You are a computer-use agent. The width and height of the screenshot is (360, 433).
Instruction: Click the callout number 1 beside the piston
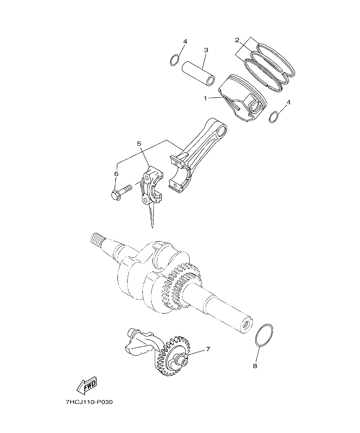[205, 98]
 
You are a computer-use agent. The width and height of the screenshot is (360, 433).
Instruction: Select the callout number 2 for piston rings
[237, 40]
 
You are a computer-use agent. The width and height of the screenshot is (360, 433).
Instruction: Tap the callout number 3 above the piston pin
[206, 50]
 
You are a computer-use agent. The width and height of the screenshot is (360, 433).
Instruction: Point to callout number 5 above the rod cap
[139, 144]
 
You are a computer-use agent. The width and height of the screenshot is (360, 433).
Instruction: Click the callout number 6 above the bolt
[116, 174]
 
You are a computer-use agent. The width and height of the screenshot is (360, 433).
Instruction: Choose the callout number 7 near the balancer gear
[208, 349]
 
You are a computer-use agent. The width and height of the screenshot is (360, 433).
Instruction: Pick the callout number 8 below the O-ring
[255, 366]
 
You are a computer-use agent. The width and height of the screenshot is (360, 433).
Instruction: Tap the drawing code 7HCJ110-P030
[89, 402]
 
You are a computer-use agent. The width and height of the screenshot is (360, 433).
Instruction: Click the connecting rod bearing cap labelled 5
[153, 186]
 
